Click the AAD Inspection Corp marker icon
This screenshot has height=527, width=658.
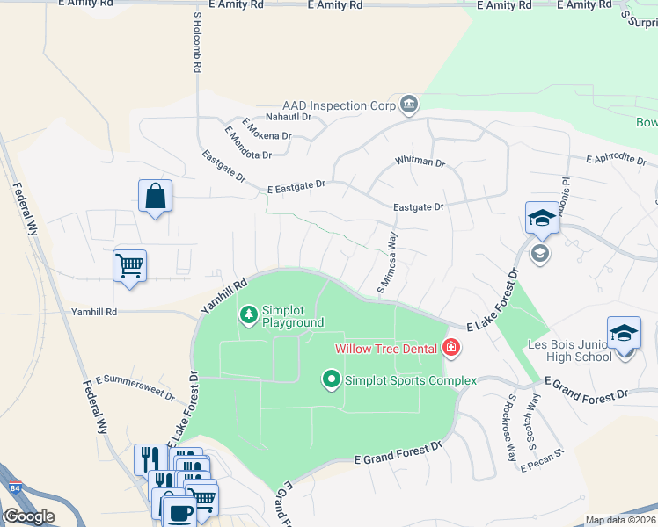408,105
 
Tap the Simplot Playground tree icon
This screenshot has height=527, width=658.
249,314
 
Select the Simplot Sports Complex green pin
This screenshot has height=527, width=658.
332,380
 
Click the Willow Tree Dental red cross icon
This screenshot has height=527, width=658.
451,349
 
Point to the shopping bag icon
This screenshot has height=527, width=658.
155,197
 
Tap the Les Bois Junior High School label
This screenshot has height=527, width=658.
569,350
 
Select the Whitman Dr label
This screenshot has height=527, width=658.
420,162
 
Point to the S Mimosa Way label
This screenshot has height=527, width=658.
387,261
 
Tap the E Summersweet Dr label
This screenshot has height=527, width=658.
135,386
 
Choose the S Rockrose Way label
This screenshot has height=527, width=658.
510,427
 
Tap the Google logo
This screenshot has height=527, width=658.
29,516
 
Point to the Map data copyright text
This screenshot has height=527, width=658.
621,521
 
